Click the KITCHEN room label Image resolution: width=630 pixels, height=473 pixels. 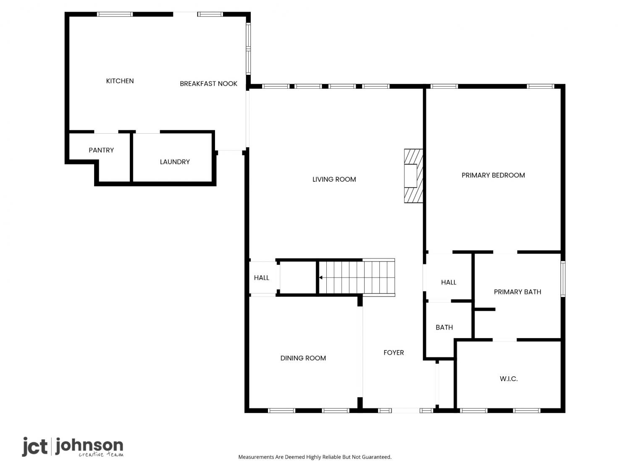pyautogui.click(x=120, y=81)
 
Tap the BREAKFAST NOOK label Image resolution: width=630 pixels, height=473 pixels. pyautogui.click(x=208, y=84)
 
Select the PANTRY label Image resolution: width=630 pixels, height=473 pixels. pyautogui.click(x=101, y=150)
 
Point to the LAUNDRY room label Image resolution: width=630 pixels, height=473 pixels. pyautogui.click(x=174, y=162)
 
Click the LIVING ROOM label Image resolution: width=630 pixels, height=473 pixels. pyautogui.click(x=334, y=179)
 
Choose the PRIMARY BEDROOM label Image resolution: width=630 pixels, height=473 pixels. pyautogui.click(x=493, y=175)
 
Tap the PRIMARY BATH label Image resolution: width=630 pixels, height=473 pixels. pyautogui.click(x=517, y=292)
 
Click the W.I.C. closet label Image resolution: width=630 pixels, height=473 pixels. pyautogui.click(x=508, y=378)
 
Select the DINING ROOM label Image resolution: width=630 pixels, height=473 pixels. pyautogui.click(x=303, y=358)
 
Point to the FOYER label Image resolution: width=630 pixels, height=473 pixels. pyautogui.click(x=394, y=352)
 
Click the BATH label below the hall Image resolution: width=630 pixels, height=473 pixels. pyautogui.click(x=444, y=327)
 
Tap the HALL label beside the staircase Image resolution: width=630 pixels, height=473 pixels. pyautogui.click(x=261, y=277)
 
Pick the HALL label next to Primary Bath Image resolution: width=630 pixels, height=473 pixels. pyautogui.click(x=448, y=282)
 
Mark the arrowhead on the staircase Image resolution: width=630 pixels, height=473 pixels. pyautogui.click(x=320, y=277)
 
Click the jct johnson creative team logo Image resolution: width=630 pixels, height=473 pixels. pyautogui.click(x=73, y=447)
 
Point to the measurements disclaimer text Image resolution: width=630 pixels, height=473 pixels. pyautogui.click(x=315, y=457)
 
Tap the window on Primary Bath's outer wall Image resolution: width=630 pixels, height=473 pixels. pyautogui.click(x=563, y=279)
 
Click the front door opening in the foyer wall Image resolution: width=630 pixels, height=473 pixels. pyautogui.click(x=405, y=410)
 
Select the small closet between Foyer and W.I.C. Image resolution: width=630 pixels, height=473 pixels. pyautogui.click(x=446, y=384)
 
